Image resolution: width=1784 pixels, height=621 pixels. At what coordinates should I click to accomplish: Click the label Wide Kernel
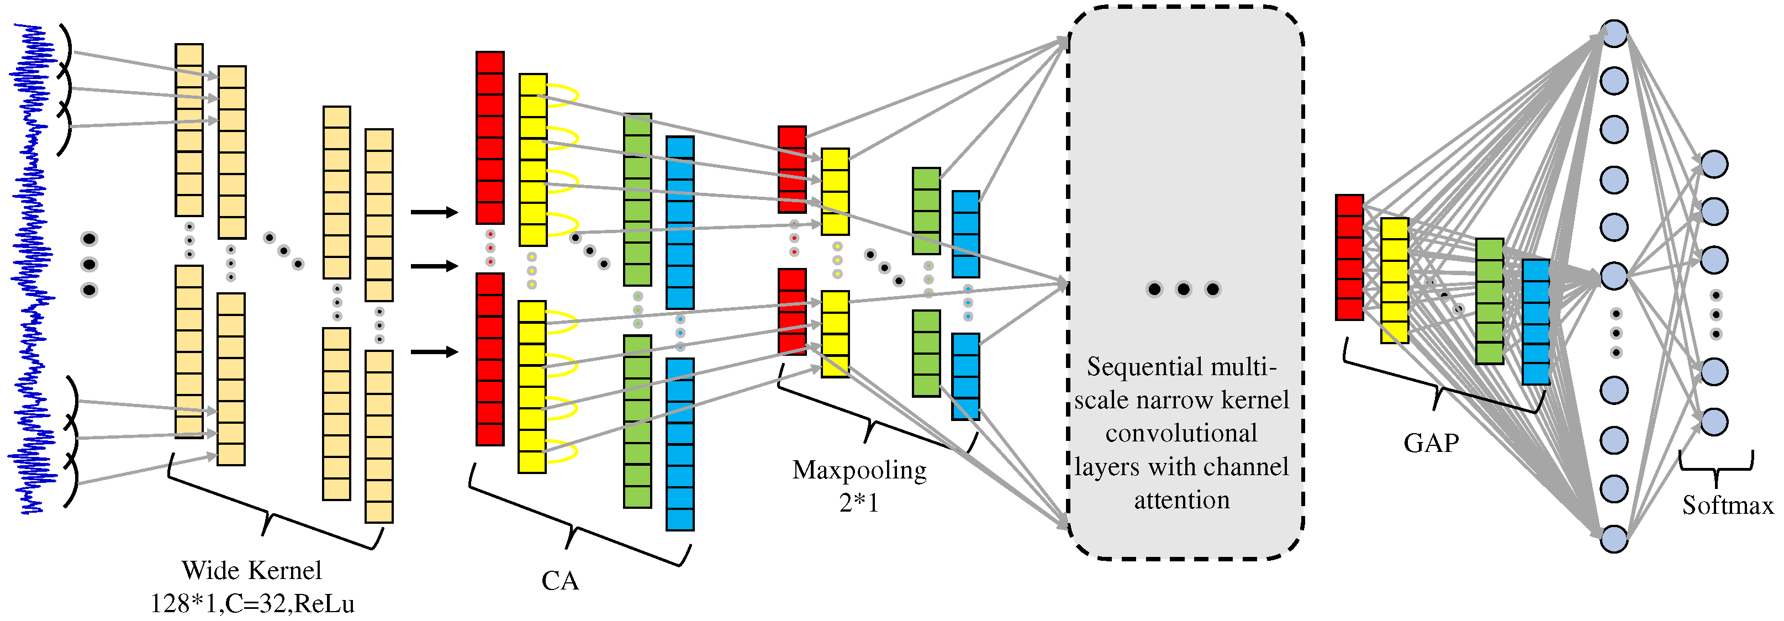tap(251, 570)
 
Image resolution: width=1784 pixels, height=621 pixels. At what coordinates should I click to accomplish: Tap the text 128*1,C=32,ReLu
tap(252, 604)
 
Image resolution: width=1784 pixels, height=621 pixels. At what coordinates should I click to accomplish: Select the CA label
tap(560, 581)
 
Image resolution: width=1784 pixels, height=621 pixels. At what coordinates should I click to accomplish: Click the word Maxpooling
tap(859, 470)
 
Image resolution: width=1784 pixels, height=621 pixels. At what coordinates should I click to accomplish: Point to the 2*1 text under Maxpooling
tap(859, 502)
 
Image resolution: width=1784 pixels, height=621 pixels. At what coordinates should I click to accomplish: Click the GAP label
tap(1431, 442)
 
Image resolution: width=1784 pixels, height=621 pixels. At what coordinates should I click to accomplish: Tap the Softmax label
tap(1727, 506)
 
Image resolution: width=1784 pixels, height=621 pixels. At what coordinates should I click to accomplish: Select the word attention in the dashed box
tap(1181, 499)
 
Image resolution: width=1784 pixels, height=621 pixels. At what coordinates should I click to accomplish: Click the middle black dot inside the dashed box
tap(1183, 289)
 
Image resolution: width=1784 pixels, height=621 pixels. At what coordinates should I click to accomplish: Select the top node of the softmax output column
tap(1714, 164)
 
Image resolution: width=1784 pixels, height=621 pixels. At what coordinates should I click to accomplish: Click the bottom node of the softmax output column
tap(1714, 422)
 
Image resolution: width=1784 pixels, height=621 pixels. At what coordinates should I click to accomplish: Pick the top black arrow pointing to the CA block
tap(434, 212)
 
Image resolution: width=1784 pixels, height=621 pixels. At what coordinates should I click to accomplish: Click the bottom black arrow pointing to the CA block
tap(434, 352)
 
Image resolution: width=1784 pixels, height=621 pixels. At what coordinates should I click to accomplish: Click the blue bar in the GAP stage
tap(1535, 322)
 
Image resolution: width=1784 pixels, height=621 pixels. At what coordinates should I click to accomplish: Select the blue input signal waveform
tap(31, 270)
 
